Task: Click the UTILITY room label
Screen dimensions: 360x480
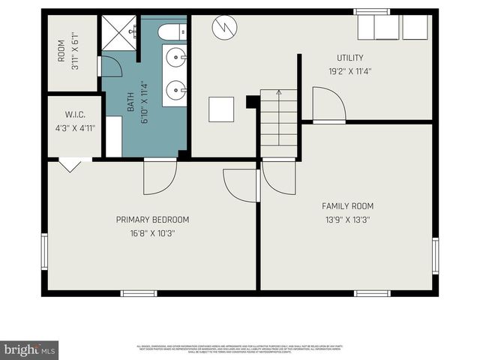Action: pos(349,58)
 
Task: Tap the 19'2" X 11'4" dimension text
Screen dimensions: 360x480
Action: pos(349,72)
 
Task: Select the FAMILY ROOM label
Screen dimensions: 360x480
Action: pos(347,206)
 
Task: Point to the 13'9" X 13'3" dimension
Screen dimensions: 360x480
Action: pos(347,220)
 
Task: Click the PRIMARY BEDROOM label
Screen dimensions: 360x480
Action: pos(152,220)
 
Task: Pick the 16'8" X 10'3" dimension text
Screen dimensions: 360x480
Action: pos(152,233)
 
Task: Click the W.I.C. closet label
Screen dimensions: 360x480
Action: pos(73,115)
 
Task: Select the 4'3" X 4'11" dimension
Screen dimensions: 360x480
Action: pos(73,127)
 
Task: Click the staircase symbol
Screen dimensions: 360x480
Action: pos(279,118)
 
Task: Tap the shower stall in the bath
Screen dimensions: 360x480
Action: pos(118,33)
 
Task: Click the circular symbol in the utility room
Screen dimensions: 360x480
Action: pos(223,28)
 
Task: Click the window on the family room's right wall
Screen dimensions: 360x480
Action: pos(435,256)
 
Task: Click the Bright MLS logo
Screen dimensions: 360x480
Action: pos(29,349)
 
